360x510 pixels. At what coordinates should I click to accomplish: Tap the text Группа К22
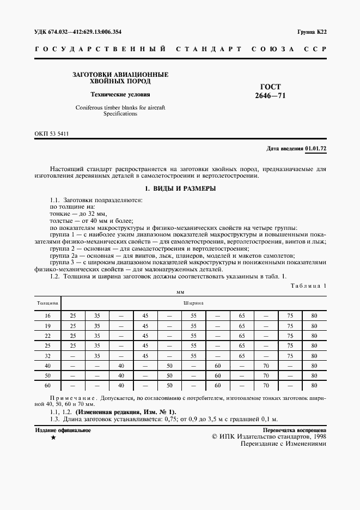pos(312,32)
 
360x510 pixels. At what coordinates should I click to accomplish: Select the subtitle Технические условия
pos(120,94)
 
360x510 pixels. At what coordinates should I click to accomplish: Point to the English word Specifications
pos(120,114)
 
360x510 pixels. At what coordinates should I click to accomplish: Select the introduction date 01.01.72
pos(315,148)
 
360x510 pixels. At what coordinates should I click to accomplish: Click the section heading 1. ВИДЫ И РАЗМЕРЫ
pos(180,189)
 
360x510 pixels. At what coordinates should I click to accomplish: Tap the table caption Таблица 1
pos(308,285)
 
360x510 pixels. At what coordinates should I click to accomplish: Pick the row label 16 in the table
pos(47,316)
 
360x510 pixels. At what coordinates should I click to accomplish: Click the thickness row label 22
pos(47,336)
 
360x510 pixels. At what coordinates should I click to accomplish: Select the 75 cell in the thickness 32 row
pos(290,356)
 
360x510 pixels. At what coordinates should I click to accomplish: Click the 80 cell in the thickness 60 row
pos(314,385)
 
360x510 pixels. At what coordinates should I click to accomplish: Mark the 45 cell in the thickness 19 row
pos(145,326)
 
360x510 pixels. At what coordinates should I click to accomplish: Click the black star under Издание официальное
pos(53,438)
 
